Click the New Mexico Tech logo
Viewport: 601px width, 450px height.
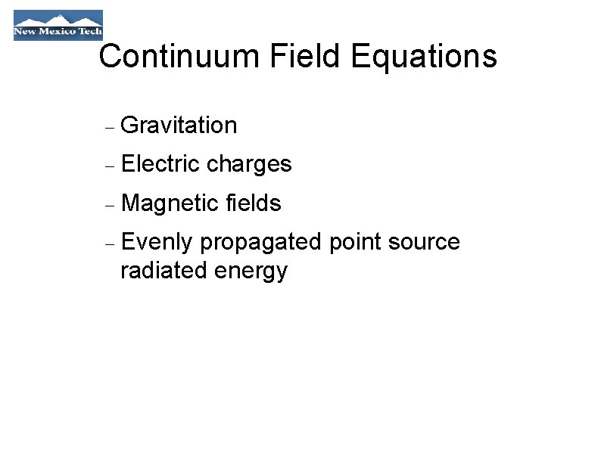[x=58, y=25]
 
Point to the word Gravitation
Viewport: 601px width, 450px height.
[x=179, y=125]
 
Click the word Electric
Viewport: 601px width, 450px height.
[x=160, y=164]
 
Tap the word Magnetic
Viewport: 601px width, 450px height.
[x=170, y=203]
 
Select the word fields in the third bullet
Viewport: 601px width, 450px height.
[x=254, y=203]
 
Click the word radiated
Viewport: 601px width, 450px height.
[x=163, y=270]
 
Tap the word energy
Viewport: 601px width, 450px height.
[x=251, y=272]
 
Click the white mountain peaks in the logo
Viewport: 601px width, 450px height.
[x=58, y=19]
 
